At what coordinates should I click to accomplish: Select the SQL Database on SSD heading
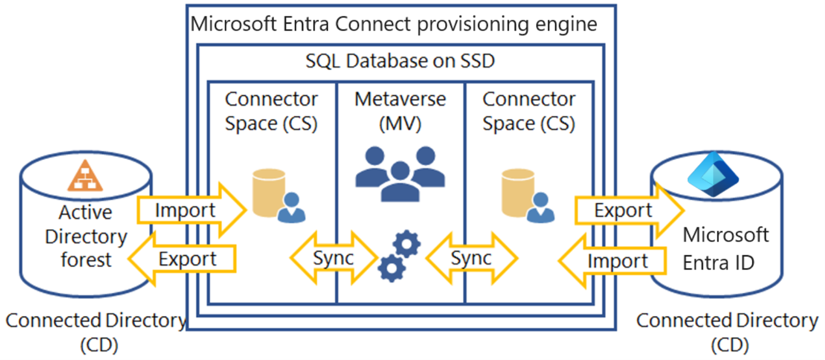(x=399, y=61)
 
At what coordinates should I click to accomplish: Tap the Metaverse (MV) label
(x=400, y=111)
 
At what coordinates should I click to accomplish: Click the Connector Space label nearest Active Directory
(x=271, y=111)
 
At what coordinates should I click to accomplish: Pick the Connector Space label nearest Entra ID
(x=528, y=111)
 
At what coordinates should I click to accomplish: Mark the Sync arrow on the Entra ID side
(x=471, y=258)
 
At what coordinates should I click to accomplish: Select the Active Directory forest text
(x=86, y=236)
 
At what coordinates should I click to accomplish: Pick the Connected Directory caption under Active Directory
(x=96, y=331)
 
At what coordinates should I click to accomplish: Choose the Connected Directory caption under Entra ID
(x=727, y=331)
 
